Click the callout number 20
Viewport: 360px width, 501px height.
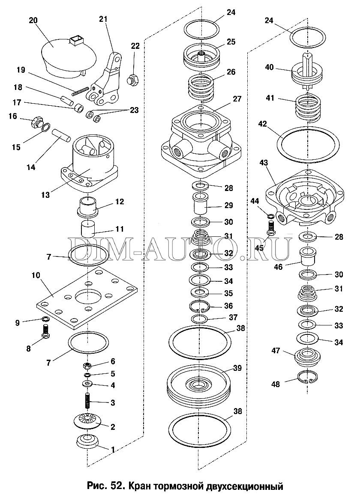point(33,21)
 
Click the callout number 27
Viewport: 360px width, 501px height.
point(237,99)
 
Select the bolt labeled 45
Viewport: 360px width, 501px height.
point(270,229)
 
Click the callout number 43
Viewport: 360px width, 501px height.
point(264,163)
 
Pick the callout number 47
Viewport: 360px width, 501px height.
point(276,351)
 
